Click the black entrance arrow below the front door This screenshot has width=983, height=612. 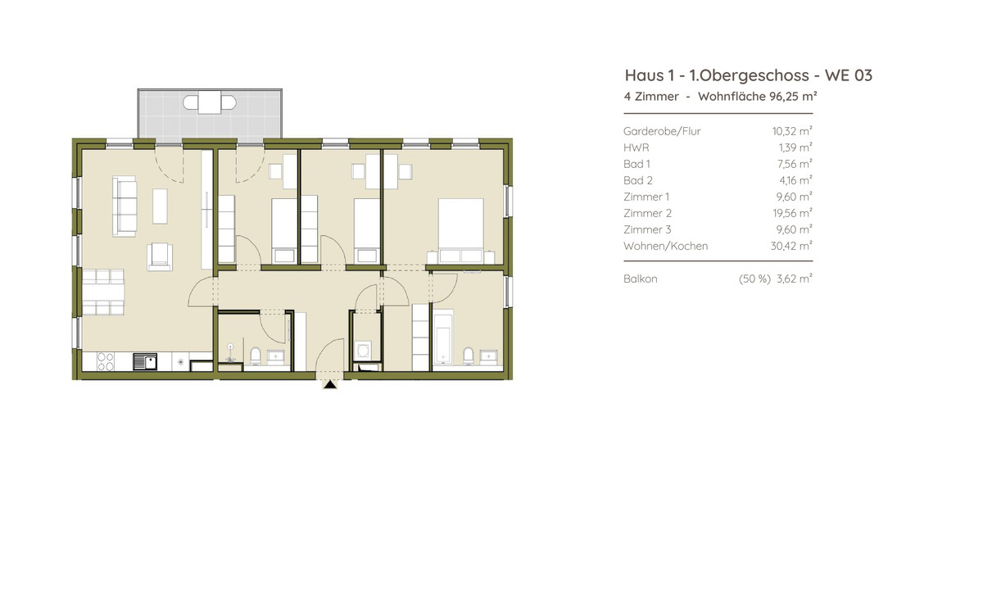[x=330, y=384]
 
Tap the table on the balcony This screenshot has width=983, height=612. [x=210, y=102]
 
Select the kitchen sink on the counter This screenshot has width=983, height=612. [x=145, y=362]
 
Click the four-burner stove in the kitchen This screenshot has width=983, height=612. [x=106, y=362]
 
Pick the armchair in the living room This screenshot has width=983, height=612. [x=160, y=256]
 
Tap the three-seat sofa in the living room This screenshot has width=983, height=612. [x=125, y=206]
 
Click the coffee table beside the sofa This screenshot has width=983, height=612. [x=160, y=206]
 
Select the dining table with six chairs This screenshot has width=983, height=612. [x=103, y=292]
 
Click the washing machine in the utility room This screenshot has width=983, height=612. [x=363, y=351]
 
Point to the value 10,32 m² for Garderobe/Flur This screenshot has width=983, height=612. [x=792, y=131]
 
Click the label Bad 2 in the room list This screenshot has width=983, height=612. [x=638, y=180]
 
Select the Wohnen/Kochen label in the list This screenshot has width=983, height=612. [x=666, y=246]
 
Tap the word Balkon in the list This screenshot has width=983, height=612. [x=641, y=279]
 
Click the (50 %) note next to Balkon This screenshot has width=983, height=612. [x=754, y=279]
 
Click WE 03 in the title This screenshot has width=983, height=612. [x=849, y=75]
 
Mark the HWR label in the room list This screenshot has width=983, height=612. [x=636, y=147]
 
